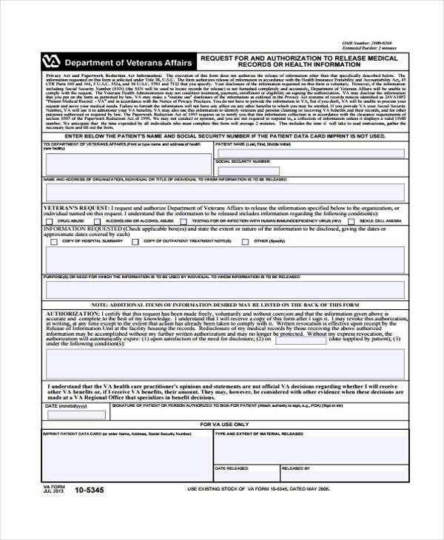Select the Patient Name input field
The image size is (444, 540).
tap(309, 153)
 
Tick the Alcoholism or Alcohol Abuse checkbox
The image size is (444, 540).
tap(98, 221)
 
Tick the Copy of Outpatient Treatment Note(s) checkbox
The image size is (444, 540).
tap(137, 241)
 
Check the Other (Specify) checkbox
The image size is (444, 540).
tap(246, 241)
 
